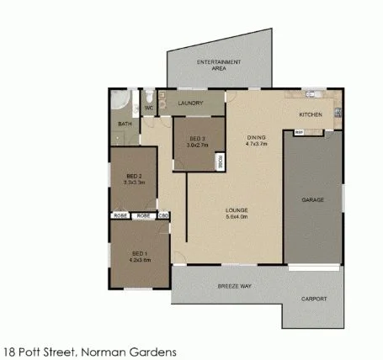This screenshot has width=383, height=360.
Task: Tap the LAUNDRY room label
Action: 191,103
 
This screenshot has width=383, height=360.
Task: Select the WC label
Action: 149,108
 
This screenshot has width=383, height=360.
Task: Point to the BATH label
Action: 125,124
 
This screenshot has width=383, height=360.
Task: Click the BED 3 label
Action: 197,138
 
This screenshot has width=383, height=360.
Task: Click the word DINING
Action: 256,137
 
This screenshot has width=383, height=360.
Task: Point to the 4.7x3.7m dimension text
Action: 256,144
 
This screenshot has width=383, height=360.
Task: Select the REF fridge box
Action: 299,132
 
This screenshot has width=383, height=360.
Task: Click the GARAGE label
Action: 313,200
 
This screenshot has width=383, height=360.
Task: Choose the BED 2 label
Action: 135,175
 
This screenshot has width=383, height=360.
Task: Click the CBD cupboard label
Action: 165,216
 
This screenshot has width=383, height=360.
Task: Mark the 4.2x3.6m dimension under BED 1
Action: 140,260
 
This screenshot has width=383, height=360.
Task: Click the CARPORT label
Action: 315,299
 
